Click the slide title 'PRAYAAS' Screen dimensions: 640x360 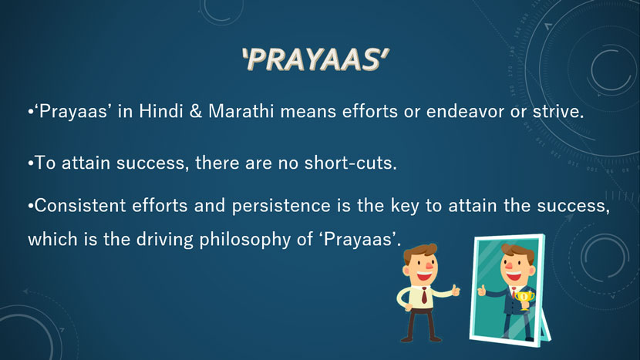pos(315,59)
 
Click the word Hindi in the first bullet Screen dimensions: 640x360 pos(161,111)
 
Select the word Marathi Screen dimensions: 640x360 pos(241,111)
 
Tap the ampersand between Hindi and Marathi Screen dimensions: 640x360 pos(196,112)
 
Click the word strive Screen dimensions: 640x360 pos(558,112)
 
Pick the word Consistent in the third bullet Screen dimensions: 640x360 pos(80,205)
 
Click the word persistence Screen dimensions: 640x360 pos(281,206)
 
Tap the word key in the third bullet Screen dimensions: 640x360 pos(405,206)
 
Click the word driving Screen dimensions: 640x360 pos(165,240)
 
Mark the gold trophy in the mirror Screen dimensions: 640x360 pos(524,300)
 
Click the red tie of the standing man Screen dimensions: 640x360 pos(425,295)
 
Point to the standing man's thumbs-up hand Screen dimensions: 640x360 pos(455,291)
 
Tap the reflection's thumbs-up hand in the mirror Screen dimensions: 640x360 pos(482,290)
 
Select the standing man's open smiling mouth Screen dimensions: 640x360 pos(423,276)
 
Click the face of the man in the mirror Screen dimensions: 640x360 pos(516,267)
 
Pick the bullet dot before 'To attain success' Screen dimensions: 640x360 pos(30,163)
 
